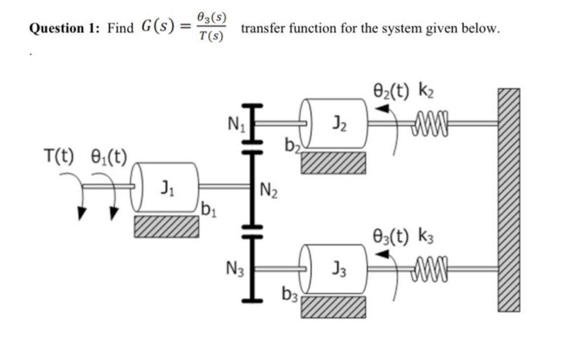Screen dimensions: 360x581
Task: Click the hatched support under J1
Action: (x=167, y=226)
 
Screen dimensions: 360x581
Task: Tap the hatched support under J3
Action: (x=334, y=307)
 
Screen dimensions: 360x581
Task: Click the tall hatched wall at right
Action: (x=508, y=200)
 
